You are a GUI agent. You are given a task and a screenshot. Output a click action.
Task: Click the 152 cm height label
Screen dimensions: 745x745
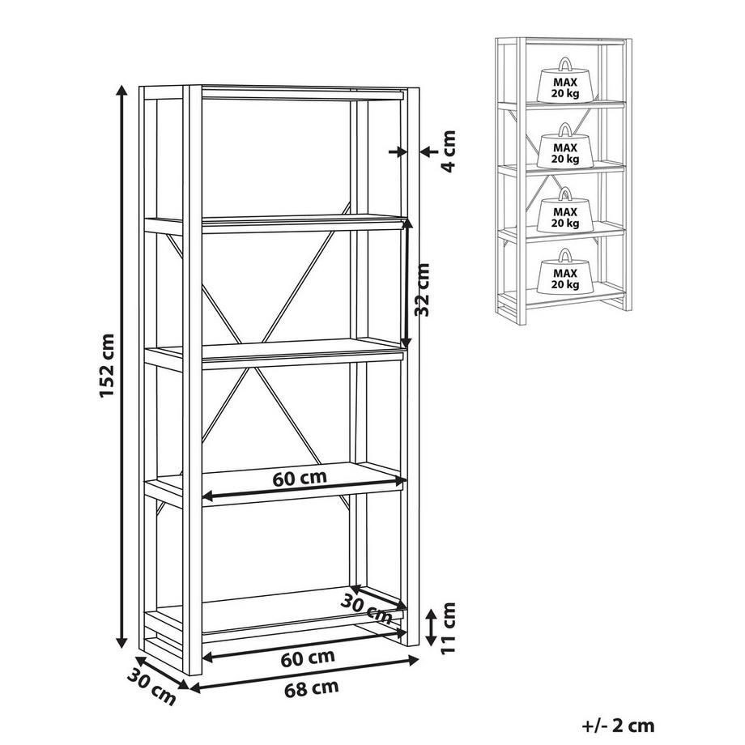107,366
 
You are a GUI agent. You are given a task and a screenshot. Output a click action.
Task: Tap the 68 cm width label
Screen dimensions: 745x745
312,688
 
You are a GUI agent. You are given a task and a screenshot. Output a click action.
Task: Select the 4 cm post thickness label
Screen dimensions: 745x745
448,151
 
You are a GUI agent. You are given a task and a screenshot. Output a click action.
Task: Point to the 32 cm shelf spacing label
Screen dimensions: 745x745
421,290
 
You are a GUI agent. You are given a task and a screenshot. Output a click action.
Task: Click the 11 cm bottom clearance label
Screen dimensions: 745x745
448,628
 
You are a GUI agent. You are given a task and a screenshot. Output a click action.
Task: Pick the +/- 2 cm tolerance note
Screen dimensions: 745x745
618,725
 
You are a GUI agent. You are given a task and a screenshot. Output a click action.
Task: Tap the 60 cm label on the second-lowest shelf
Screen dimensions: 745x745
300,478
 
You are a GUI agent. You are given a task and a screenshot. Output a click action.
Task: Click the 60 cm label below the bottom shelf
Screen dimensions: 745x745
308,658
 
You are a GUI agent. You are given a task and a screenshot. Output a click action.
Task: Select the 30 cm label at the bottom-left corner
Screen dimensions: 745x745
151,687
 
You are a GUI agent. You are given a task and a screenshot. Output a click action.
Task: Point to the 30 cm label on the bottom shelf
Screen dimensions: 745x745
366,609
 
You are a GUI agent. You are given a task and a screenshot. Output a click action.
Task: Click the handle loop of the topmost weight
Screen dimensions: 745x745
565,63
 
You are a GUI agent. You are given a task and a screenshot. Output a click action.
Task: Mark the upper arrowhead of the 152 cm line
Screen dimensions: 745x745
122,92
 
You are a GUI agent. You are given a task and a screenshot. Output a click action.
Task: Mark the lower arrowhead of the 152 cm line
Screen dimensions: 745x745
122,641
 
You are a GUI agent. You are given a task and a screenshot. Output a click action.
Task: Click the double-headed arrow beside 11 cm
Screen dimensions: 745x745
431,627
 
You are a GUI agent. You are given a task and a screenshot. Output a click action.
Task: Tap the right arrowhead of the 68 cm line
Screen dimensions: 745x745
412,659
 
